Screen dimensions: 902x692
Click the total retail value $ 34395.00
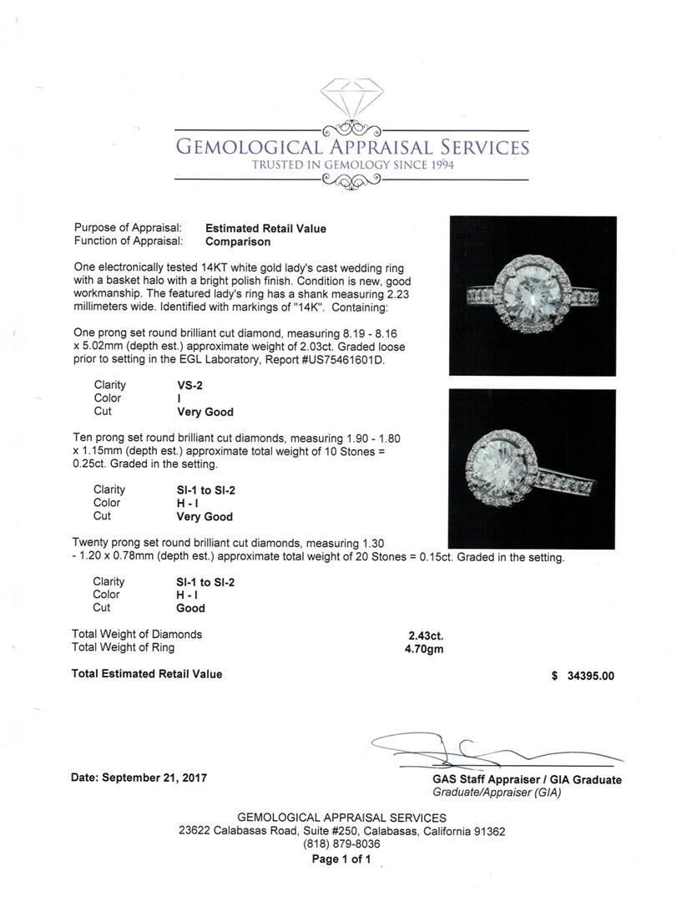point(583,676)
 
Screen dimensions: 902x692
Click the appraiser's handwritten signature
point(467,749)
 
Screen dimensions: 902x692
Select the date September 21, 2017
point(139,778)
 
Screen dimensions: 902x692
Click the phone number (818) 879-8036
point(341,844)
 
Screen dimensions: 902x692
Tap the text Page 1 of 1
point(341,859)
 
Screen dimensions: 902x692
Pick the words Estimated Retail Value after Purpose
point(265,228)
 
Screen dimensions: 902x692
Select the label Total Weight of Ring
point(124,648)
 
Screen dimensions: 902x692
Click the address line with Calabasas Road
point(341,831)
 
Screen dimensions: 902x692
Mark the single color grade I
point(169,398)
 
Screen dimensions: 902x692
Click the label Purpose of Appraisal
point(128,228)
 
